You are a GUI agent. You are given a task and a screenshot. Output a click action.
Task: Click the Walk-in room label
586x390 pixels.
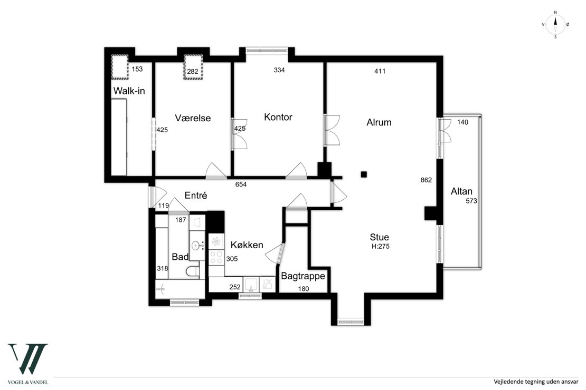tap(129, 91)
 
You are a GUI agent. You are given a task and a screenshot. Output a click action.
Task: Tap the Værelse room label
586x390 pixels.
tap(193, 118)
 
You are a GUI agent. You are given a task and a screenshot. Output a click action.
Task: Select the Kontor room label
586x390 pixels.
tap(278, 117)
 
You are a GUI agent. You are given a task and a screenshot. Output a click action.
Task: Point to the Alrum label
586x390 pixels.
tap(379, 122)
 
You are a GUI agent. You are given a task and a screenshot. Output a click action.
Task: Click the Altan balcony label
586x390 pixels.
tap(461, 191)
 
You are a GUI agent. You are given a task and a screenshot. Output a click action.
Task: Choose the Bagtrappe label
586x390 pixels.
tap(303, 277)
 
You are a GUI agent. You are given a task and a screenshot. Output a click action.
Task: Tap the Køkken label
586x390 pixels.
tap(247, 245)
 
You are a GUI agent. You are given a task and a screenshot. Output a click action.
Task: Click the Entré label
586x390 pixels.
tap(196, 195)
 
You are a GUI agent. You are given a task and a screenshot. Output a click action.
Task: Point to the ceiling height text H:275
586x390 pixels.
tap(381, 246)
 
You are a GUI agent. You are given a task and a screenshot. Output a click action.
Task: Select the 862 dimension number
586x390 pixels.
tap(426, 180)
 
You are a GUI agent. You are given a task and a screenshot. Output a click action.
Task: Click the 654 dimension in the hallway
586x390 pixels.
tap(241, 184)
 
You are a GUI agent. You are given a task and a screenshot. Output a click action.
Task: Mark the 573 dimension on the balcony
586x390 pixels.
tap(471, 201)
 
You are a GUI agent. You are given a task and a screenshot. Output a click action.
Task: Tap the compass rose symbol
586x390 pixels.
tap(555, 25)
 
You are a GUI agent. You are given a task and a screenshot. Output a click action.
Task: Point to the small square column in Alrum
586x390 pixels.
tap(364, 174)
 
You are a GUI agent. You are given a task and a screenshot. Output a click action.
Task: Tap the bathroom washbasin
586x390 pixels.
tap(196, 246)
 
